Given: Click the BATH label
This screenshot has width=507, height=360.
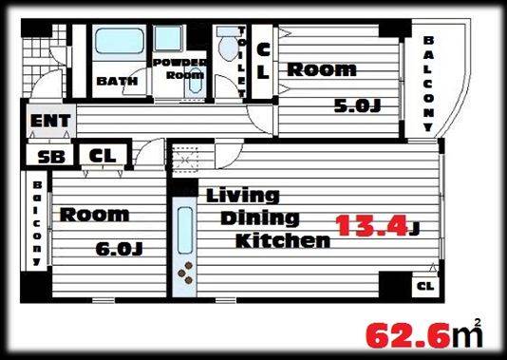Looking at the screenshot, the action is [117, 81].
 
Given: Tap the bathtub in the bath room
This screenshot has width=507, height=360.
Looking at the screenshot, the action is [120, 41].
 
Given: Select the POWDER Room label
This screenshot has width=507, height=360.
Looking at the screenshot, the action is [180, 68].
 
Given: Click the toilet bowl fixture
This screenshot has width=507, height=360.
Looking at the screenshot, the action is [228, 47].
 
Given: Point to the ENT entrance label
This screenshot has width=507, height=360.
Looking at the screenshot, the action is [50, 121].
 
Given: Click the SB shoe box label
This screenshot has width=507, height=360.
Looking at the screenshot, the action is [51, 157].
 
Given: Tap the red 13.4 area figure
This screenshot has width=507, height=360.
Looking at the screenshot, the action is [371, 226].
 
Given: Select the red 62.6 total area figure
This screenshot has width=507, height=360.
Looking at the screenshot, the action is [408, 336].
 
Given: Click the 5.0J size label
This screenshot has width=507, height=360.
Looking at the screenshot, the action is [357, 106].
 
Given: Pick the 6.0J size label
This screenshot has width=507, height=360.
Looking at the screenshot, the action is [120, 249].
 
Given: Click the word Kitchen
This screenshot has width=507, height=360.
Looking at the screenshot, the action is [283, 240].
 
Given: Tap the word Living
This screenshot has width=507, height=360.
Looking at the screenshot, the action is [243, 196].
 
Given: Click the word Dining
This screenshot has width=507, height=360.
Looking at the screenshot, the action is [260, 218].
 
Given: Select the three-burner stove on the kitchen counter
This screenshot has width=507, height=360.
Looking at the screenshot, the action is [185, 274].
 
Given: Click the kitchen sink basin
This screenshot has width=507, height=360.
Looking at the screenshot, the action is [185, 230].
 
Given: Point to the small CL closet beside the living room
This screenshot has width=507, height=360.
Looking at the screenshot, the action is [425, 286].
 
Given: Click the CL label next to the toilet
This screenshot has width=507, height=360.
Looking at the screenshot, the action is [263, 61].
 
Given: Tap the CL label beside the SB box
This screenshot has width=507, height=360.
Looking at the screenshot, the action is [103, 156].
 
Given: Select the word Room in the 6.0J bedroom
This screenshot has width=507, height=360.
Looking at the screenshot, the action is [94, 215].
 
